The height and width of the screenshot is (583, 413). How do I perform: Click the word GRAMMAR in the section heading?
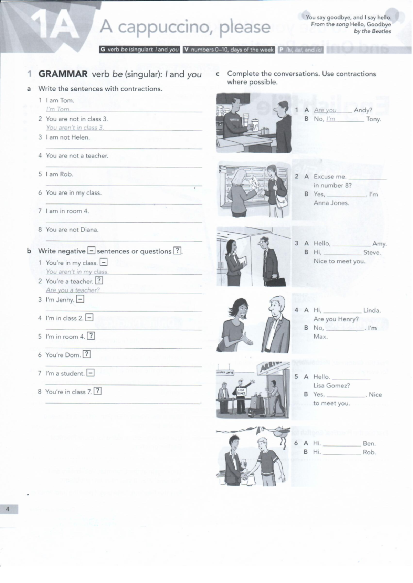point(63,74)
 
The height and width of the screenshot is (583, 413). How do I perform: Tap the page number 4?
point(8,509)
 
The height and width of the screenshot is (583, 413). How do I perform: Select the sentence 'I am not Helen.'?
point(68,137)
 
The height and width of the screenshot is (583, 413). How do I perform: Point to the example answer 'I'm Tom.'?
point(58,109)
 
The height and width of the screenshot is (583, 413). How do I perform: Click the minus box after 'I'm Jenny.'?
point(80,299)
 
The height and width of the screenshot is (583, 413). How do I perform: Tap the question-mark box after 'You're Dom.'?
point(87,354)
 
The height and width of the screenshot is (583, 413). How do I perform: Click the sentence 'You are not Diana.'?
point(72,230)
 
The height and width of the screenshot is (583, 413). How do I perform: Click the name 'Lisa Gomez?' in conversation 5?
point(331,386)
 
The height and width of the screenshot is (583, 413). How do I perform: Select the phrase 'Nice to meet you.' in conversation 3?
point(339,261)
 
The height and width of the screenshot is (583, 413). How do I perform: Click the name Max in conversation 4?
point(320,337)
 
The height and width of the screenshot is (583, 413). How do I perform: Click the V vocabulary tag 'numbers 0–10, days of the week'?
point(229,49)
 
